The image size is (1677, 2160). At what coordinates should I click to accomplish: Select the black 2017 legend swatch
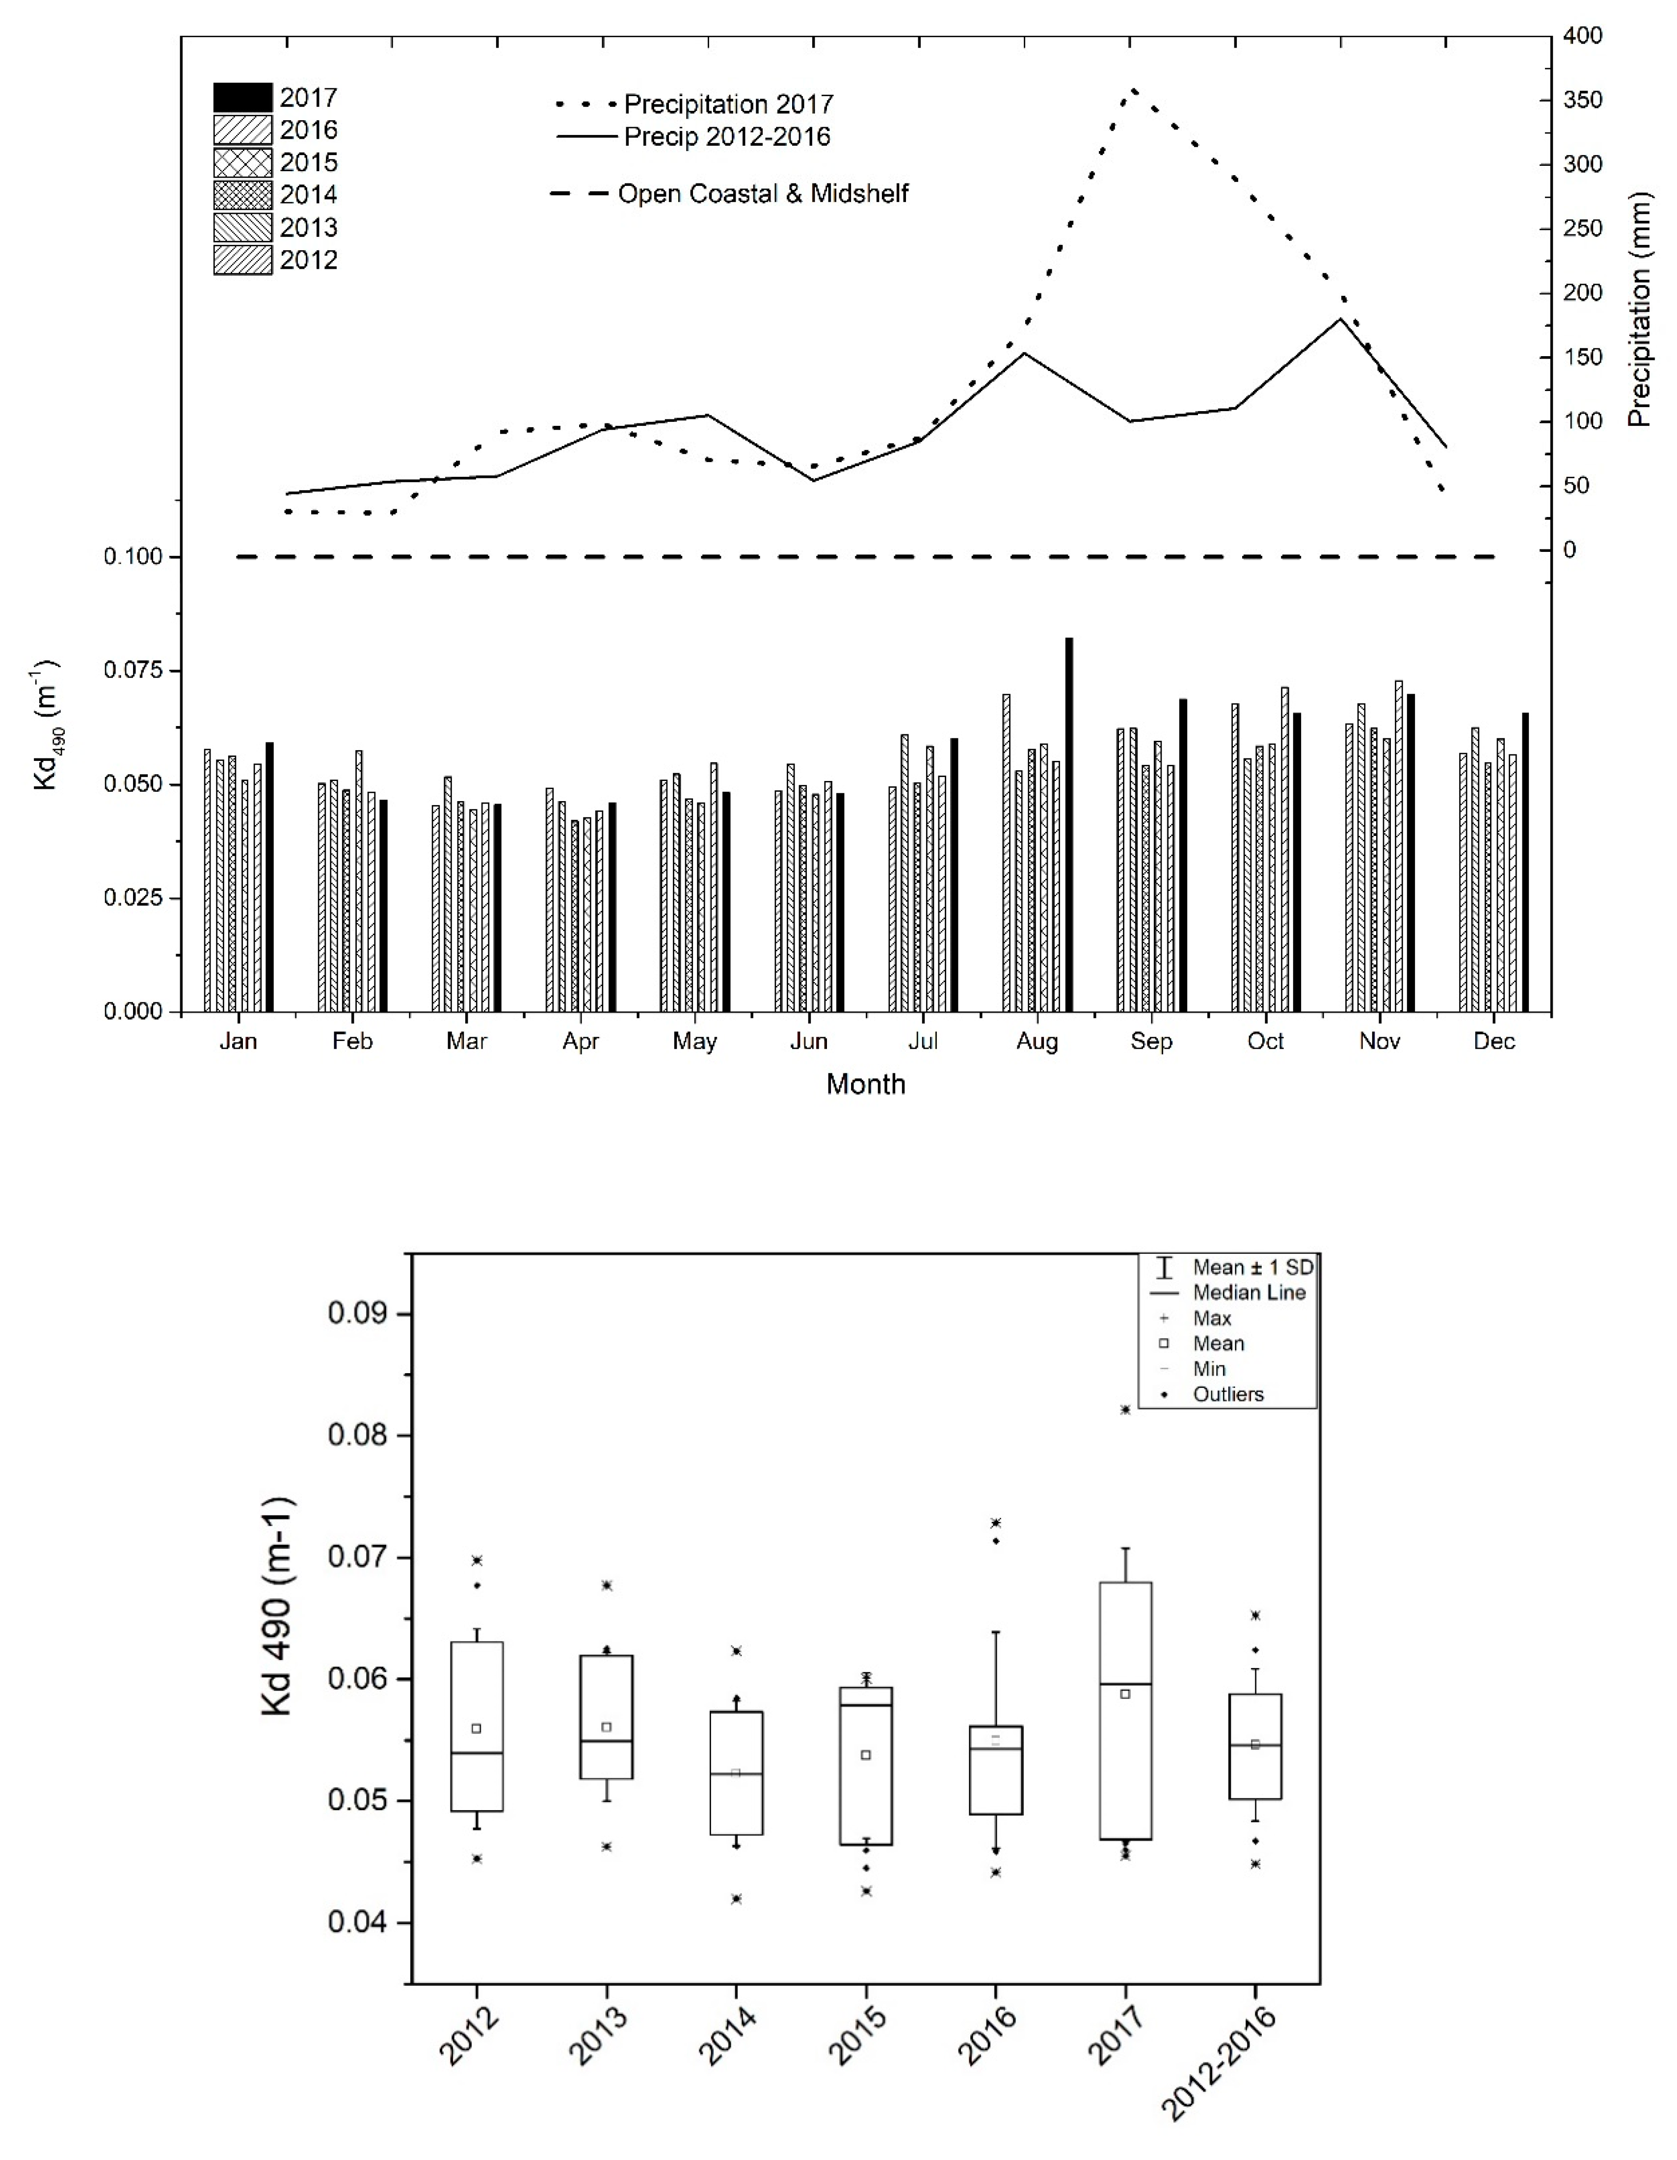[242, 97]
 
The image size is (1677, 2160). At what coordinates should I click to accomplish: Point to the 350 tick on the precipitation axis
[1583, 100]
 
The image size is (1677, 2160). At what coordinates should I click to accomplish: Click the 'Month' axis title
[866, 1084]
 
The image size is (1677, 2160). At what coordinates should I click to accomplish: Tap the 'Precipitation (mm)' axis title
[1639, 310]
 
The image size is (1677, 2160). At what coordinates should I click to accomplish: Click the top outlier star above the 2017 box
[1125, 1409]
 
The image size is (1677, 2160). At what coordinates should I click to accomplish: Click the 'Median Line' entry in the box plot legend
[1249, 1293]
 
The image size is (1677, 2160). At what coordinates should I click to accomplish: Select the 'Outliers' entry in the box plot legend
[1228, 1395]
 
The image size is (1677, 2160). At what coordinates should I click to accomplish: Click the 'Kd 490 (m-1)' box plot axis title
[279, 1607]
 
